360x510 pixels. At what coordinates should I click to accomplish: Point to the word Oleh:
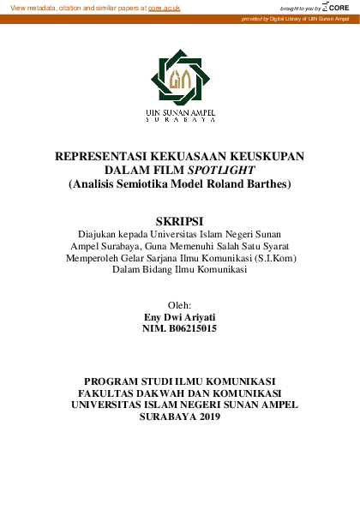179,305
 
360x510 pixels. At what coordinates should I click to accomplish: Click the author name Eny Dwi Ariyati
179,317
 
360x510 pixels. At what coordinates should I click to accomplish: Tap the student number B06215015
194,328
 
